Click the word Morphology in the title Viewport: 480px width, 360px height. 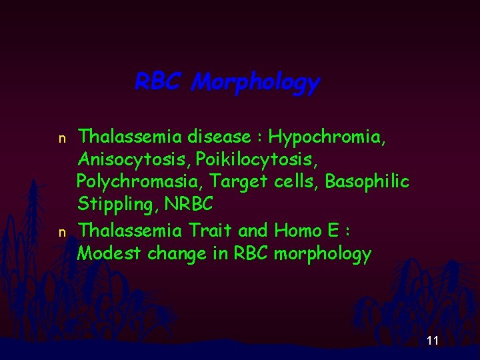(x=255, y=83)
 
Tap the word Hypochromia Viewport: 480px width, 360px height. (x=326, y=137)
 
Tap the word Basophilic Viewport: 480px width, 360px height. (x=367, y=182)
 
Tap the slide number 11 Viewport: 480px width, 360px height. (x=432, y=341)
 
